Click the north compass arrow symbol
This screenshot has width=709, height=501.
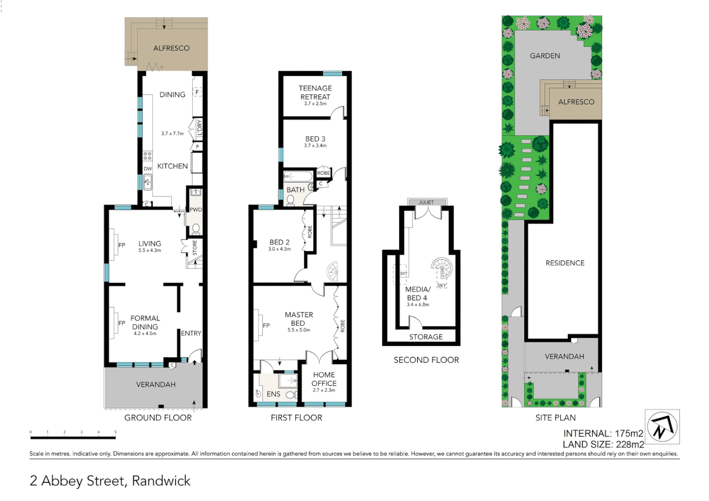pyautogui.click(x=662, y=426)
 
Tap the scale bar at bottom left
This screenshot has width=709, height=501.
pyautogui.click(x=73, y=437)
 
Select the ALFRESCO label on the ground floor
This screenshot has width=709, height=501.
pyautogui.click(x=171, y=48)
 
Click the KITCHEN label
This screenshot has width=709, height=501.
pyautogui.click(x=172, y=166)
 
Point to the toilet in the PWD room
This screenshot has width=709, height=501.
pyautogui.click(x=195, y=229)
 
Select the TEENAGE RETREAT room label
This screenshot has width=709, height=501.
pyautogui.click(x=315, y=92)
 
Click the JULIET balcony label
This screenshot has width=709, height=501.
pyautogui.click(x=426, y=202)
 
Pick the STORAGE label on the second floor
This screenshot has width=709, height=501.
pyautogui.click(x=426, y=337)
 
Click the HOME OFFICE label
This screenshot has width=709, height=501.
pyautogui.click(x=324, y=379)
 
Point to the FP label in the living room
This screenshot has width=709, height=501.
pyautogui.click(x=122, y=245)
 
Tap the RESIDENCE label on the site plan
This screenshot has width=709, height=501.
pyautogui.click(x=565, y=263)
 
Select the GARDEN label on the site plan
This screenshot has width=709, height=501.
pyautogui.click(x=545, y=56)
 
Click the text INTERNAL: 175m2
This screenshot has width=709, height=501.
pyautogui.click(x=603, y=433)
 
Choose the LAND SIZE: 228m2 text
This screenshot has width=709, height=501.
pyautogui.click(x=603, y=444)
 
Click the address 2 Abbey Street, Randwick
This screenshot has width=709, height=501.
pyautogui.click(x=110, y=481)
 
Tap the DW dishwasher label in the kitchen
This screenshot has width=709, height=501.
pyautogui.click(x=148, y=169)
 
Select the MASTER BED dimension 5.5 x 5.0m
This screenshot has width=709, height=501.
pyautogui.click(x=299, y=330)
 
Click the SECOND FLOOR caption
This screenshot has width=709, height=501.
pyautogui.click(x=426, y=360)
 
